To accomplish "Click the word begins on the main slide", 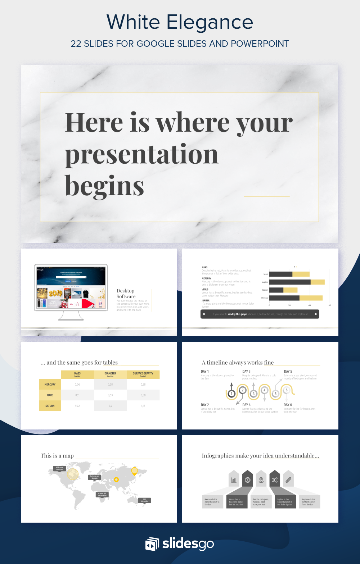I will pos(104,186).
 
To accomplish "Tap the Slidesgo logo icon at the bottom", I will pos(152,544).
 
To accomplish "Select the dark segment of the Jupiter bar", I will pos(290,282).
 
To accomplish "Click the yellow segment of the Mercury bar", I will pos(311,298).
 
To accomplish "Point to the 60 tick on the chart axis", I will pos(329,305).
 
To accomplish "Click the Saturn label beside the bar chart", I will pos(265,290).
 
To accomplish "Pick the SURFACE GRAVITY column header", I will pos(143,374).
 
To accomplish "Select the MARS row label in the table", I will pos(50,395).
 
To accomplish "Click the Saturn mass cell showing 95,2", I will pos(77,406).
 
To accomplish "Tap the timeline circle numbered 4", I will pos(264,390).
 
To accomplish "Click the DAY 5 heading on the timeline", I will pos(288,372).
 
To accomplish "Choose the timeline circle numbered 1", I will pos(231,394).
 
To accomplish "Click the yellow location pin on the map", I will pos(135,471).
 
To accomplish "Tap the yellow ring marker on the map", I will pos(116,479).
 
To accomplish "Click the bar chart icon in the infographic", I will pos(234,480).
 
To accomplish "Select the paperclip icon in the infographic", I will pos(288,480).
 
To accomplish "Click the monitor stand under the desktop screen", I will pos(71,316).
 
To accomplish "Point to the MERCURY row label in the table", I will pos(50,385).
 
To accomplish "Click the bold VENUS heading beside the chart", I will pos(205,290).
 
